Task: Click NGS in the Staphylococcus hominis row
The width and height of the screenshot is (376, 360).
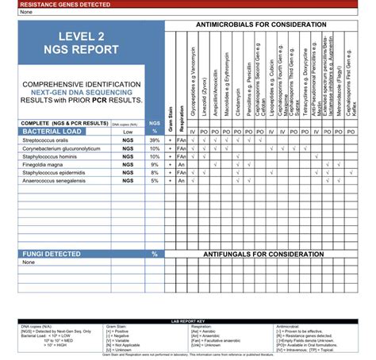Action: point(127,156)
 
